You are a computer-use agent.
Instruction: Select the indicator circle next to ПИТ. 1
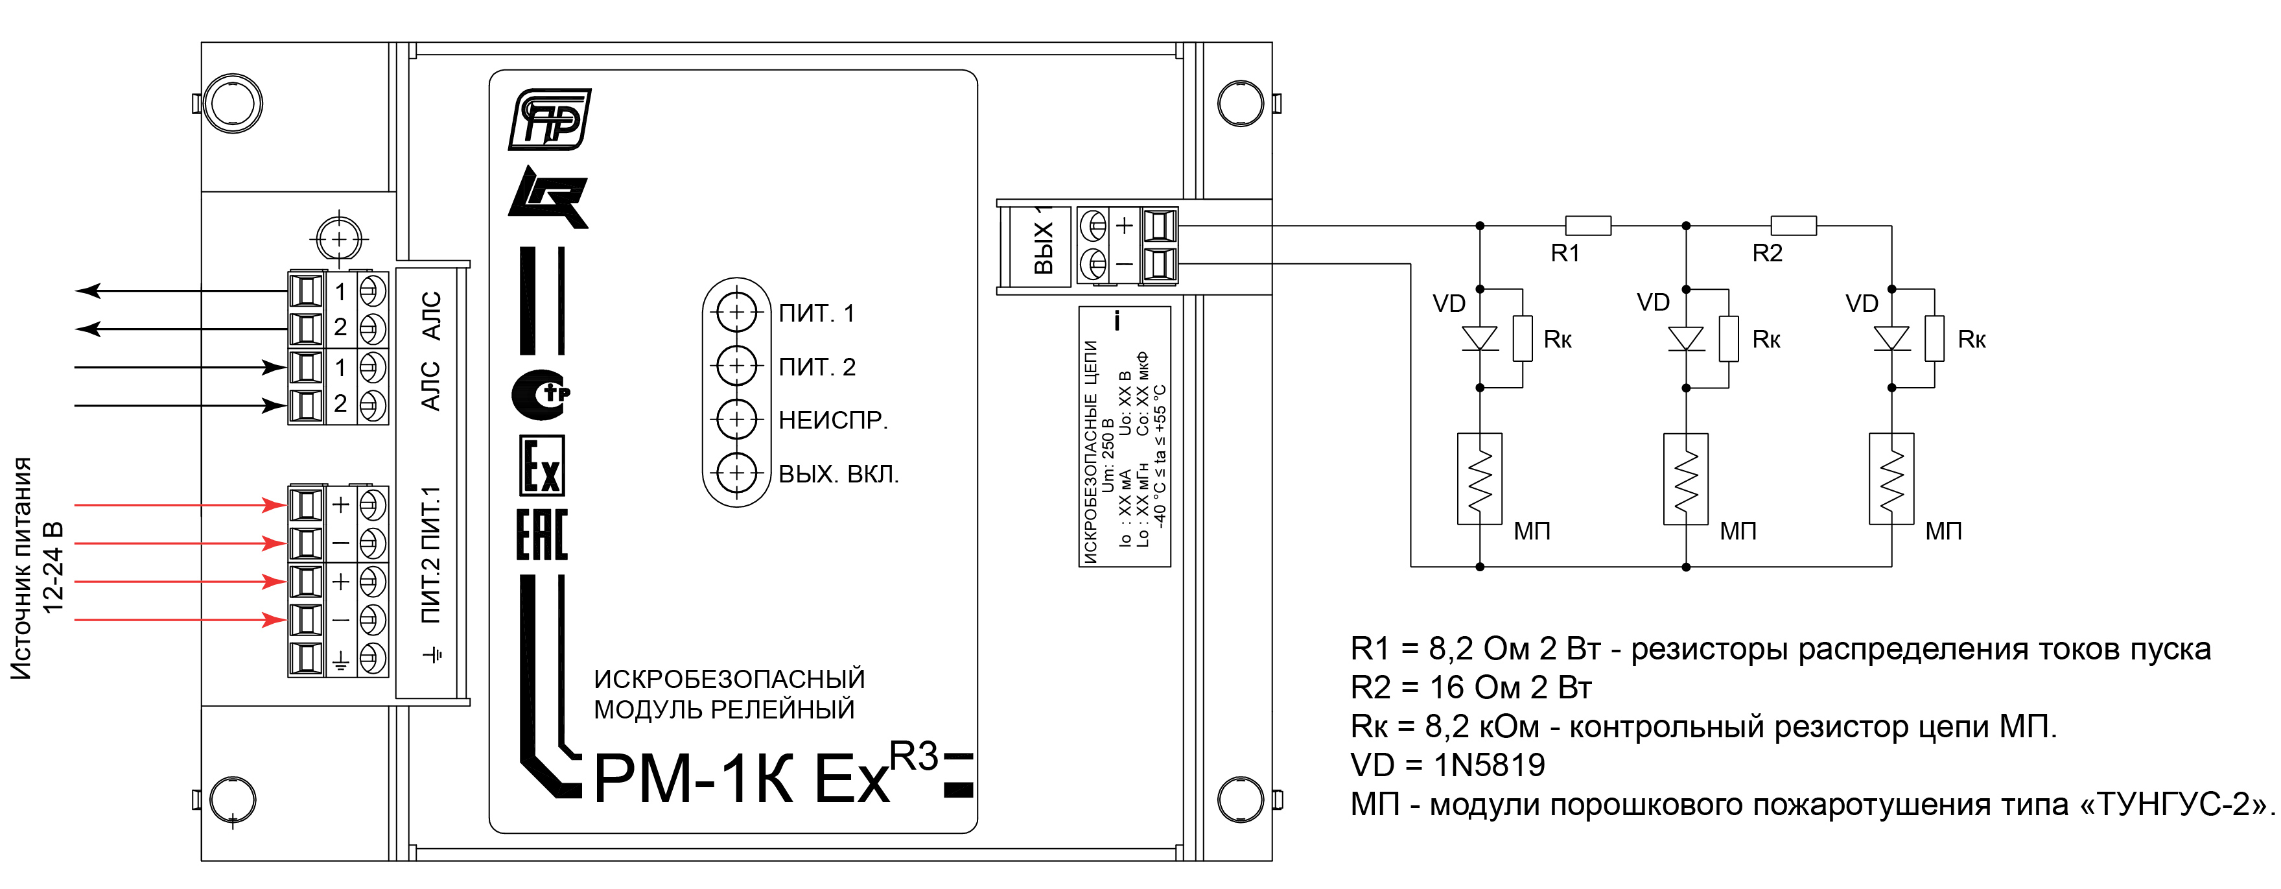tap(736, 312)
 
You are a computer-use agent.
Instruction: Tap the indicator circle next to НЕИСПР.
tap(736, 419)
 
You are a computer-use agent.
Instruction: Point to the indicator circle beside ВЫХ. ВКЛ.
tap(736, 473)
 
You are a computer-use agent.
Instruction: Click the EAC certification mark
tap(542, 535)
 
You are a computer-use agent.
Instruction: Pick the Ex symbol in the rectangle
tap(542, 466)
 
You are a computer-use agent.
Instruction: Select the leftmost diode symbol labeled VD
tap(1480, 338)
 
